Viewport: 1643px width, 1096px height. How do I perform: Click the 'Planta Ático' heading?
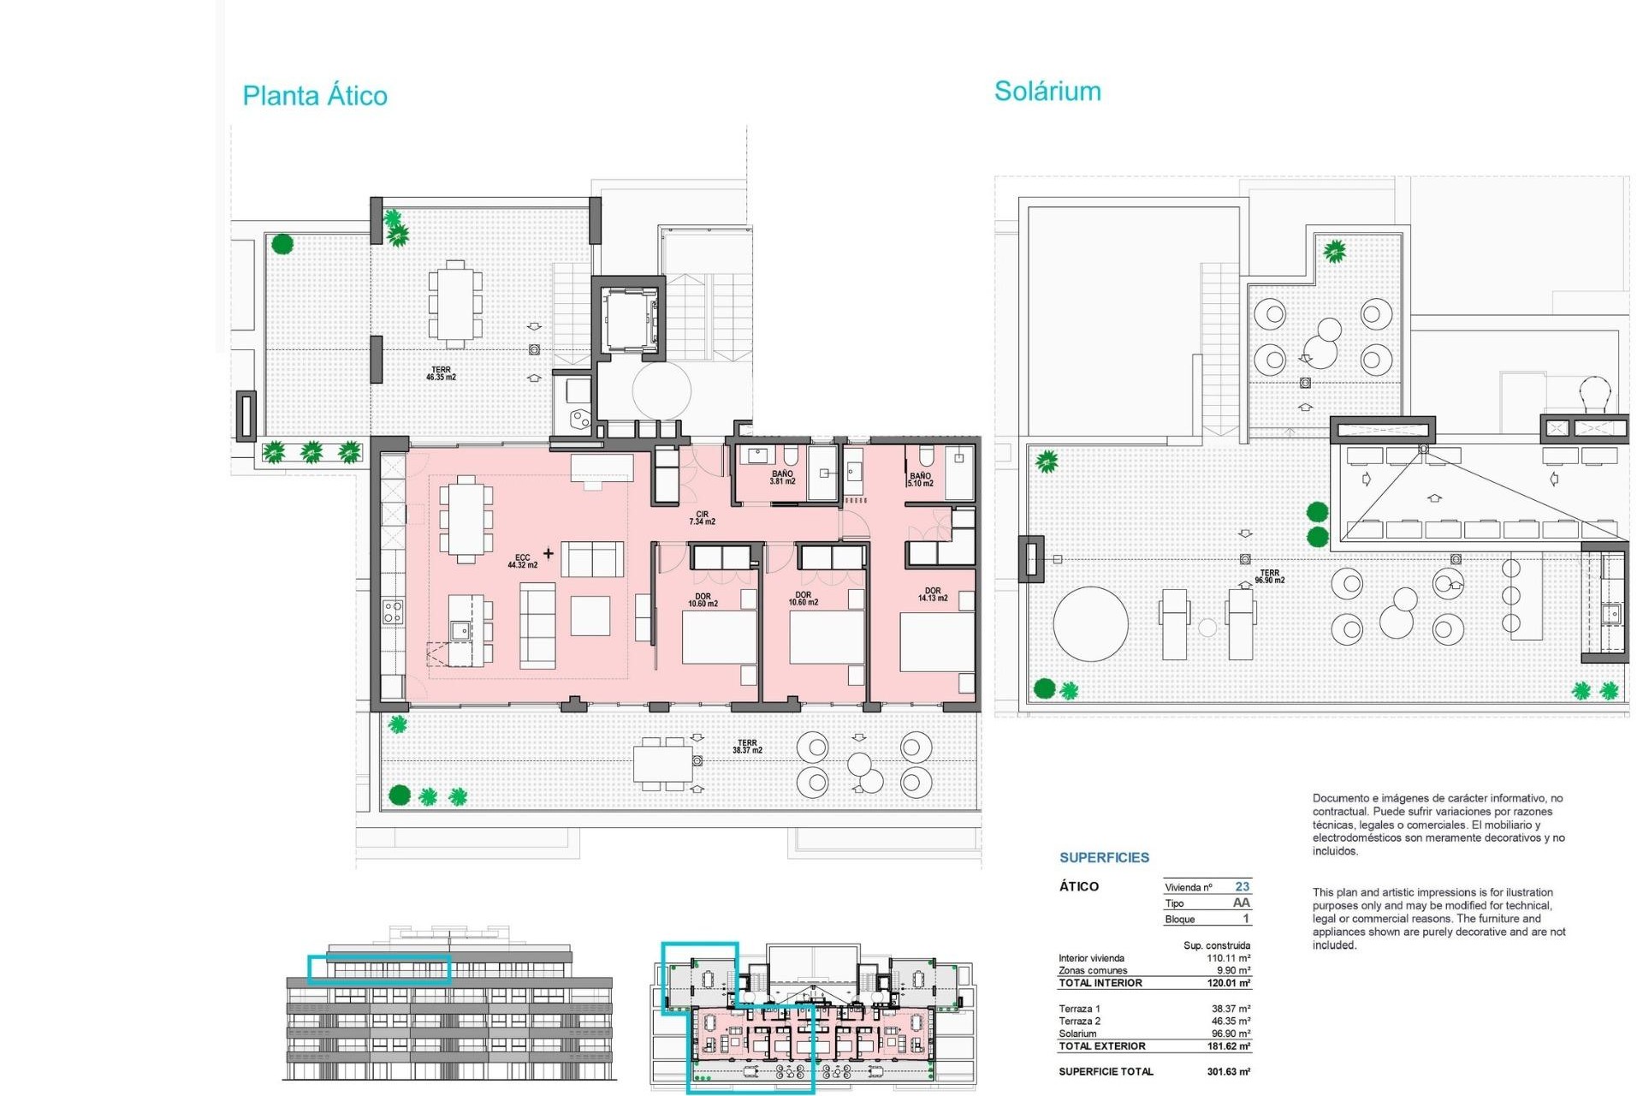[x=315, y=95]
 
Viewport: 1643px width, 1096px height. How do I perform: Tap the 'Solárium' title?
[x=1047, y=92]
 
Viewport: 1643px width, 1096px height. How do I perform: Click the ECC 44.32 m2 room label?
[x=522, y=561]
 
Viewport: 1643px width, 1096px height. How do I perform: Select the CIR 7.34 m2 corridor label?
[x=702, y=518]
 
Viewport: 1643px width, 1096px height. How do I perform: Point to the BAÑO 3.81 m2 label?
[x=782, y=478]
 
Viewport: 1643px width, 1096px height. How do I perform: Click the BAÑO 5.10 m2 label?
[x=921, y=479]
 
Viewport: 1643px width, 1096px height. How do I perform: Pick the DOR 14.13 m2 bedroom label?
[x=932, y=594]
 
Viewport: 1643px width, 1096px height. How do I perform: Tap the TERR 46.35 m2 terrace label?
[x=441, y=373]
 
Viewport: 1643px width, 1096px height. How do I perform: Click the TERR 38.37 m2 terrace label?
[x=747, y=747]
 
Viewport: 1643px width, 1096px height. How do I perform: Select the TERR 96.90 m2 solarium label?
[x=1269, y=576]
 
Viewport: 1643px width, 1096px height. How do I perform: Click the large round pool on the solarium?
[x=1090, y=623]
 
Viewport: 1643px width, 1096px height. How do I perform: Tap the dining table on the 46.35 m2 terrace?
[x=455, y=304]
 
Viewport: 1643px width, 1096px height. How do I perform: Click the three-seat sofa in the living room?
[x=537, y=626]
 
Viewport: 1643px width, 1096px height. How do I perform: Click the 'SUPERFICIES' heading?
[x=1104, y=857]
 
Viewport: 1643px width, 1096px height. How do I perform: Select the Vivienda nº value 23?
[x=1242, y=886]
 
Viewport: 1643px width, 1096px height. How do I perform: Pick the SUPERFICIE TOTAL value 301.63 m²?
[x=1228, y=1071]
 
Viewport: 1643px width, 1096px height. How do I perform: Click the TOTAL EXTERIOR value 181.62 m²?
[x=1228, y=1046]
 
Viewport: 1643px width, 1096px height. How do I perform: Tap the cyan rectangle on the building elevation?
[x=379, y=968]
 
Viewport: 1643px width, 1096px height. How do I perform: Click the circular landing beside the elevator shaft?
[x=661, y=390]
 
